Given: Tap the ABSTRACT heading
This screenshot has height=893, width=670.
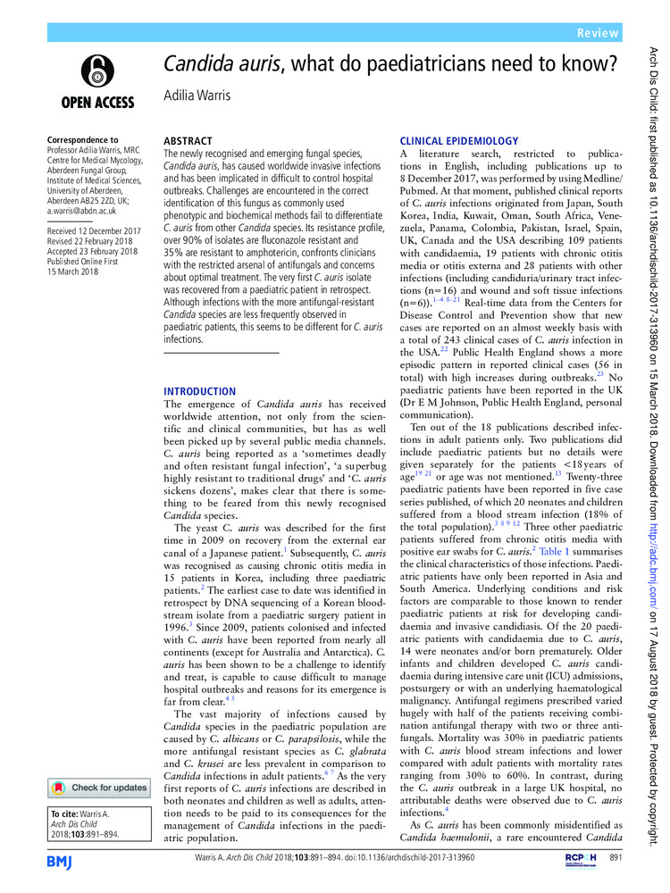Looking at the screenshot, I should pos(188,141).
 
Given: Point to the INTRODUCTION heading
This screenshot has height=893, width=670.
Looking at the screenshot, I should pos(199,391).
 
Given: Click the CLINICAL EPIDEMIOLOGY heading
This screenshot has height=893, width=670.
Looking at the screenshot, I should pos(458,141).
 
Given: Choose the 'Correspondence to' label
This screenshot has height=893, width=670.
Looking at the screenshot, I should pos(82,140).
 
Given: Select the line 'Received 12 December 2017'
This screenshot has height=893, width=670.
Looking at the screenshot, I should pos(96,231).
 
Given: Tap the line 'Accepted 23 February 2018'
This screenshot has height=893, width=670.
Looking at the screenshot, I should pos(96,253).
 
